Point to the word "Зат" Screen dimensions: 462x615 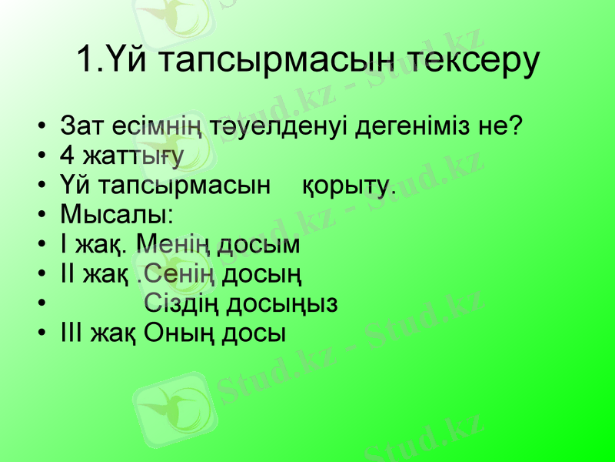(81, 125)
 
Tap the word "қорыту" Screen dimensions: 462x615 (347, 186)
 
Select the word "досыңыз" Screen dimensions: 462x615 (281, 304)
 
